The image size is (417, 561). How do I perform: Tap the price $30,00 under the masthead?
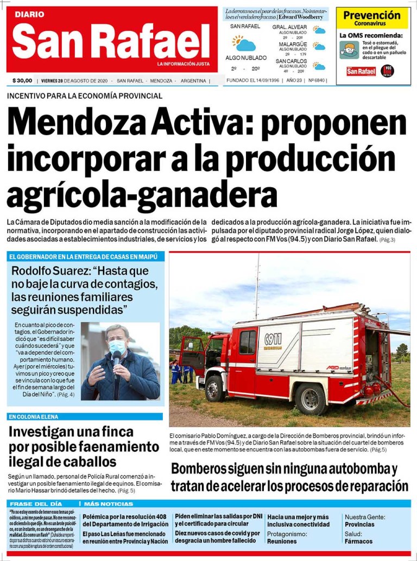pyautogui.click(x=22, y=81)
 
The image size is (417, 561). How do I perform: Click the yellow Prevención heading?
pyautogui.click(x=372, y=16)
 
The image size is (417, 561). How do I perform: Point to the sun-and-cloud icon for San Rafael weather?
pyautogui.click(x=243, y=43)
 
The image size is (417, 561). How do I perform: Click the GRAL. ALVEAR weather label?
pyautogui.click(x=290, y=27)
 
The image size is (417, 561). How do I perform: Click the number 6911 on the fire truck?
pyautogui.click(x=273, y=339)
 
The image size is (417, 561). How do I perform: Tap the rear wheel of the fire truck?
pyautogui.click(x=311, y=399)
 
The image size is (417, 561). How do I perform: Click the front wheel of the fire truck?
pyautogui.click(x=215, y=388)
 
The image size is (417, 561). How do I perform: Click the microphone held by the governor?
pyautogui.click(x=117, y=358)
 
